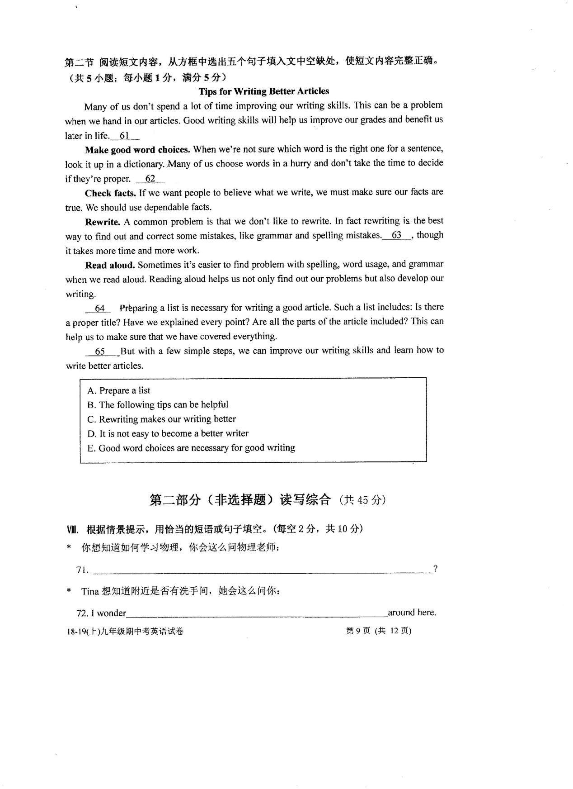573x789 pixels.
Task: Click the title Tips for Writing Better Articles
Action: coord(263,91)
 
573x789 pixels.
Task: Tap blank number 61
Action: coord(124,136)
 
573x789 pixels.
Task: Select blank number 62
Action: coord(150,179)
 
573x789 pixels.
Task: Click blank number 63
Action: coord(396,235)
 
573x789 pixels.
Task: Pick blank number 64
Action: coord(99,309)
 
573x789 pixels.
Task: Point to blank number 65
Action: coord(100,352)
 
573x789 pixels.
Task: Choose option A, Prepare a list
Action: coord(119,390)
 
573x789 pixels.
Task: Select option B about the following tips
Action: coord(158,404)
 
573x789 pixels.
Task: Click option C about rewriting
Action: coord(161,419)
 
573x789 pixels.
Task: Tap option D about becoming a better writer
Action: coord(168,433)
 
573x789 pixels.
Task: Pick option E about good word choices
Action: coord(191,448)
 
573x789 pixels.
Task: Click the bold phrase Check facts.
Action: coord(110,193)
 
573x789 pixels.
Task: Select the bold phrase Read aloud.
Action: coord(110,265)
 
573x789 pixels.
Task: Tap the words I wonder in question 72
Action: coord(108,613)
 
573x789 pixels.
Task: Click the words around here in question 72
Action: coord(412,613)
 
